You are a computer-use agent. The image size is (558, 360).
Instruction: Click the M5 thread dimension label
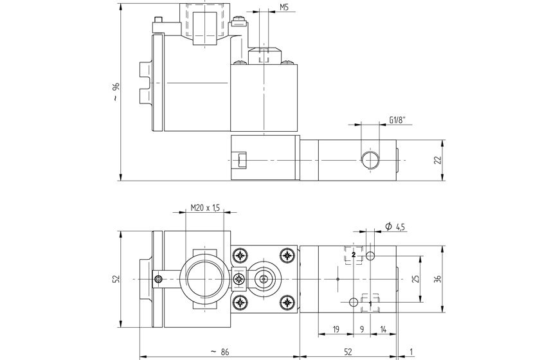pyautogui.click(x=284, y=8)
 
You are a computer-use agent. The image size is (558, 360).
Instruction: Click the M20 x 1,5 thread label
pyautogui.click(x=206, y=208)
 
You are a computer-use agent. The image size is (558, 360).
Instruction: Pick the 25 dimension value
pyautogui.click(x=416, y=279)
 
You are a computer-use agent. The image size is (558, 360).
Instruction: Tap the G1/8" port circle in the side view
pyautogui.click(x=369, y=159)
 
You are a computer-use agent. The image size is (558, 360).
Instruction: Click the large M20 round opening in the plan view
pyautogui.click(x=204, y=278)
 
